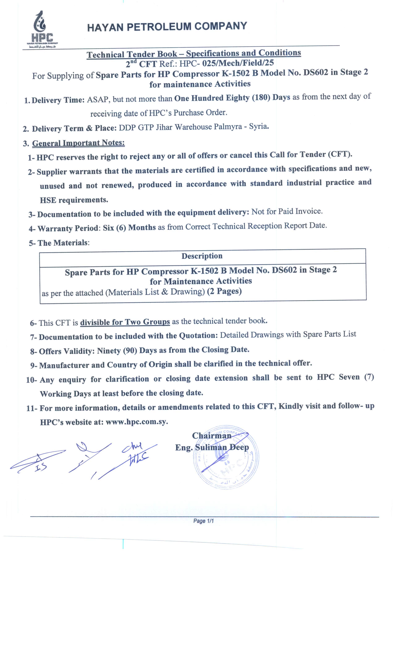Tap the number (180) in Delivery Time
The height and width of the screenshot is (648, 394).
coord(261,98)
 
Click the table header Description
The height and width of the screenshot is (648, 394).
coord(202,256)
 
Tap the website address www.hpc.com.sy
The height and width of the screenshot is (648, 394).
coord(137,422)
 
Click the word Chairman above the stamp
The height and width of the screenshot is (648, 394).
coord(212,436)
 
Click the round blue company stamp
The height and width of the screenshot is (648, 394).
coord(226,458)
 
